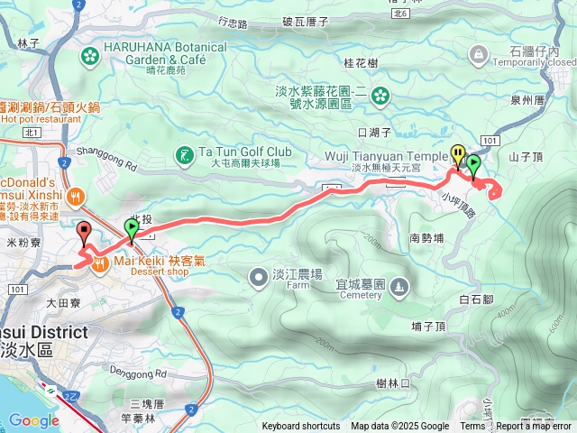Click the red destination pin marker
[85, 233]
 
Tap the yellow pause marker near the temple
[458, 156]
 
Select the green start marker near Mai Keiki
[133, 231]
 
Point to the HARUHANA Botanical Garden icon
[89, 57]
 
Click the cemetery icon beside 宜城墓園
[398, 287]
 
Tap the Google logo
[33, 420]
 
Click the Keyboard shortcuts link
[300, 427]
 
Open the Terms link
[472, 427]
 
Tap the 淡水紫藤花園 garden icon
[380, 94]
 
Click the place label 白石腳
[475, 299]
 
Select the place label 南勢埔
[426, 239]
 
